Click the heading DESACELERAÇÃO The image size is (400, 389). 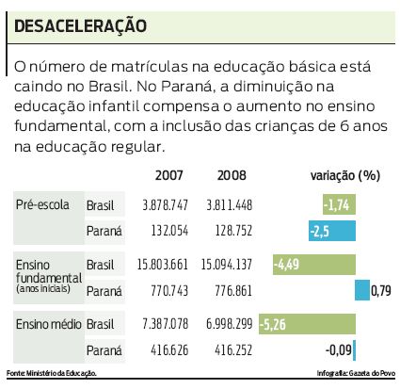[79, 25]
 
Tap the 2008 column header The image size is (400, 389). [231, 175]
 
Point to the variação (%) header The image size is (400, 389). [344, 175]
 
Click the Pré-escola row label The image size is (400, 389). [44, 204]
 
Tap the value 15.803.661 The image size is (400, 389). [164, 265]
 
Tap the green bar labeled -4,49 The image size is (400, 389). [313, 265]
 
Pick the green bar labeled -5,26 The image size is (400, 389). [307, 325]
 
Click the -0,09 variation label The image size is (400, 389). [336, 351]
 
